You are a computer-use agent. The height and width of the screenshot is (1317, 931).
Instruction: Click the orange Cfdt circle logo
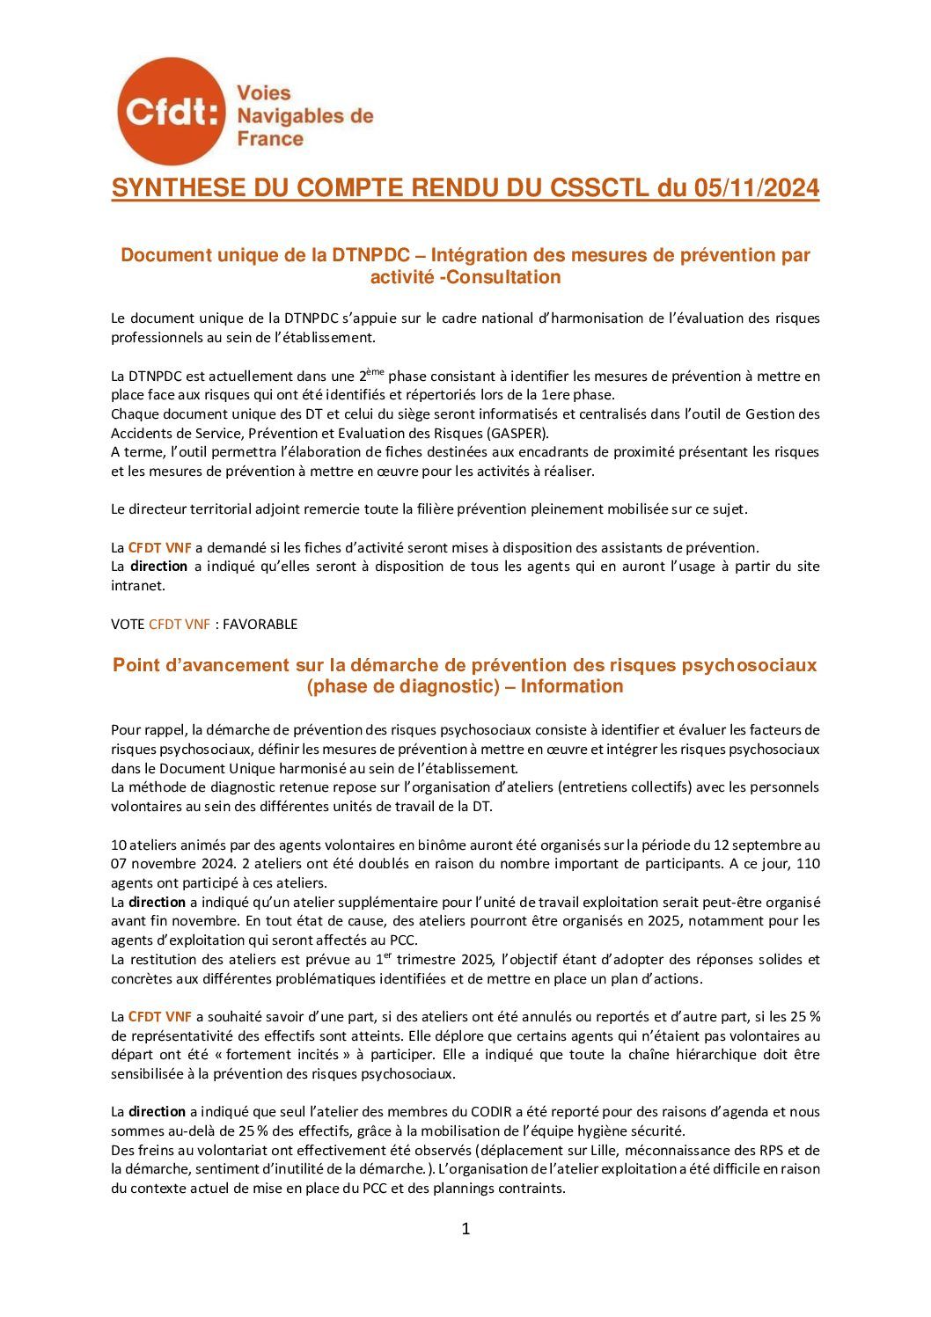[171, 112]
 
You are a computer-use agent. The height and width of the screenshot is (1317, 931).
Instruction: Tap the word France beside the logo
[270, 139]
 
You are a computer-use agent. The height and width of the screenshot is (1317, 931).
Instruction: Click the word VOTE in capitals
[128, 624]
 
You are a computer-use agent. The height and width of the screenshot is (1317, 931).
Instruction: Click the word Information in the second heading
[572, 686]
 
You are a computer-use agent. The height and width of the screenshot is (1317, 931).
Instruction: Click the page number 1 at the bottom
[465, 1229]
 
